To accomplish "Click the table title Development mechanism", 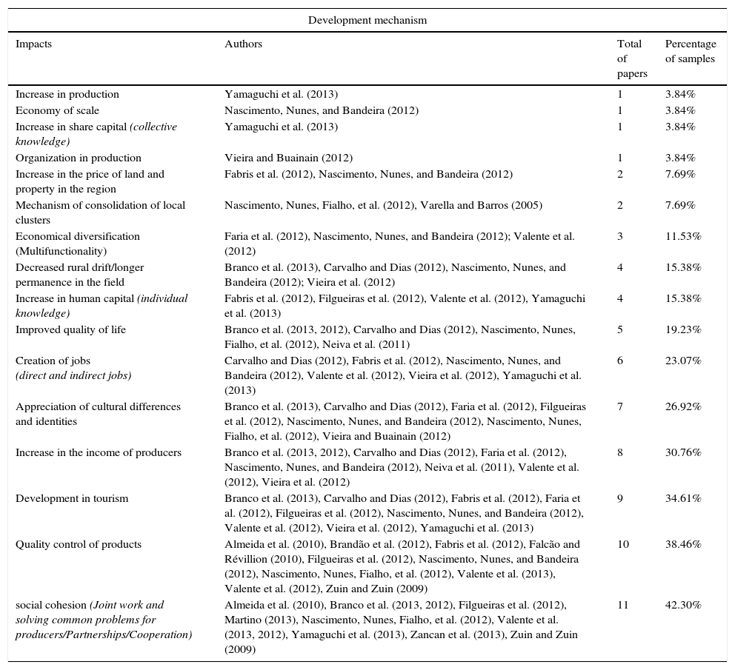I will (x=367, y=20).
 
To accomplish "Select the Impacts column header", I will (x=33, y=44).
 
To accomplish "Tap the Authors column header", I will (x=243, y=44).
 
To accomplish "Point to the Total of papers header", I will (x=631, y=58).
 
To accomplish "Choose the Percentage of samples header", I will (x=690, y=51).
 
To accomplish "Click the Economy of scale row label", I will (x=57, y=110).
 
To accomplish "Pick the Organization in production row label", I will (x=78, y=158).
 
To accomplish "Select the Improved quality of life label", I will (x=70, y=329).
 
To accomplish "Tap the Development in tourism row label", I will (x=72, y=498).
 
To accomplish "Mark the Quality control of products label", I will (x=78, y=544).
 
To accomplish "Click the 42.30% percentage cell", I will (x=683, y=605).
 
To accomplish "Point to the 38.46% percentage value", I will (x=683, y=544).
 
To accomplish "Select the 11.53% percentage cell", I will (x=683, y=236).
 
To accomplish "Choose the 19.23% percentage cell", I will (x=683, y=329).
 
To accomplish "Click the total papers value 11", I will (x=622, y=605).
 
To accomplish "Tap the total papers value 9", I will (x=620, y=498).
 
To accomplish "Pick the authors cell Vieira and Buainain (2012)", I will (x=288, y=158).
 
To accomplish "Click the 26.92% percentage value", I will (x=683, y=406).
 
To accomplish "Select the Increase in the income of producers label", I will (x=98, y=452).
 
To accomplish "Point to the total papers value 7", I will (x=620, y=406).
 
